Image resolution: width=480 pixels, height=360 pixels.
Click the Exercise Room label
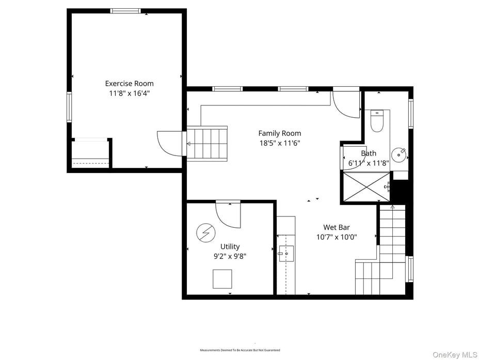coord(129,83)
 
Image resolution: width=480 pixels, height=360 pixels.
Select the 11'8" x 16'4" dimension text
coord(129,93)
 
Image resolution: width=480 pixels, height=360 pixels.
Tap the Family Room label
coord(280,133)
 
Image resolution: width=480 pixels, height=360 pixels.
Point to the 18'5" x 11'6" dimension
coord(280,143)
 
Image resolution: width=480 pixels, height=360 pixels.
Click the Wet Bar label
coord(337,227)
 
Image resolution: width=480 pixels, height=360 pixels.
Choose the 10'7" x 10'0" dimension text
coord(337,237)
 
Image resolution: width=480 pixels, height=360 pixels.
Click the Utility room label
coord(230,246)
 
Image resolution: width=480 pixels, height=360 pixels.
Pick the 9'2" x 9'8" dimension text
coord(230,256)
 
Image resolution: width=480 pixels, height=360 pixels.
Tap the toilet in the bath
coord(377,122)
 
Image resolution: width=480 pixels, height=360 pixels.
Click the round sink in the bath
coord(399,154)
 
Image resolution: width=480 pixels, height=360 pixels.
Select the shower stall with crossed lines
coord(367,186)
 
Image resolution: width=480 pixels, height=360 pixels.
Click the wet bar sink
coord(286,253)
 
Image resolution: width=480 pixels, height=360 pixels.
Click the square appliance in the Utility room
coord(222,279)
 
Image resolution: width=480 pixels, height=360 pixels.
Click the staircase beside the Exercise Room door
coord(206,143)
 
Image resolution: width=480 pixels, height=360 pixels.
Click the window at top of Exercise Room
coord(126,11)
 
